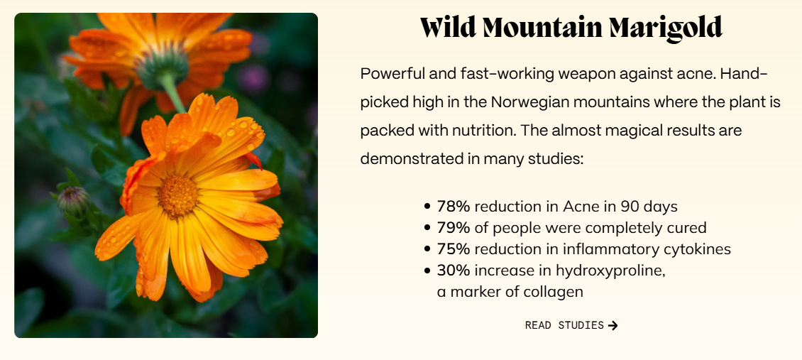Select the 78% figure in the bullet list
click(x=454, y=207)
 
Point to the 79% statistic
click(x=454, y=227)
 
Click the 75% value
click(x=454, y=249)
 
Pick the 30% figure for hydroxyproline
click(x=454, y=270)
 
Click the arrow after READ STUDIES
click(x=613, y=325)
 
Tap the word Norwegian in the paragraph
click(x=530, y=102)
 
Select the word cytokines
click(x=698, y=249)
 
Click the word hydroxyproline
click(x=610, y=271)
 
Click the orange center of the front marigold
click(x=177, y=195)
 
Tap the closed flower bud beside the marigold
click(x=74, y=200)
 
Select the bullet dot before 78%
click(x=427, y=207)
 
